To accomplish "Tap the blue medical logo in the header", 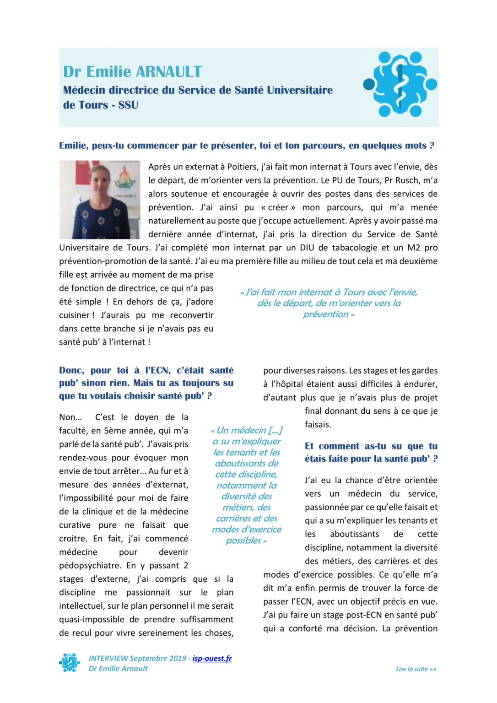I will pos(400,84).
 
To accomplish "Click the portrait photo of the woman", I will pos(100,200).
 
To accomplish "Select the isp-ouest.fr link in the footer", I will pos(212,658).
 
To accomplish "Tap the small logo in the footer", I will pos(70,663).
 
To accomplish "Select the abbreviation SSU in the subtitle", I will pos(128,105).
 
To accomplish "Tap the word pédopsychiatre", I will pos(90,565).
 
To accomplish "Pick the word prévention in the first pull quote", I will pos(325,314).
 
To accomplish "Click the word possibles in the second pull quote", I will pos(243,541).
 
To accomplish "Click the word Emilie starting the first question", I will pos(73,146).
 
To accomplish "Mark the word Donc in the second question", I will pos(71,370).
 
